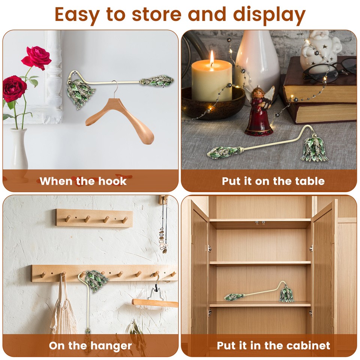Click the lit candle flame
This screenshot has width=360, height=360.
click(212, 58)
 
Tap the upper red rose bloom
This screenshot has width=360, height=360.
click(37, 57)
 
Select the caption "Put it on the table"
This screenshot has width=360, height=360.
click(273, 181)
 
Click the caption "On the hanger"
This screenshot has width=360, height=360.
click(90, 345)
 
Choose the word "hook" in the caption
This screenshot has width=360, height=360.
click(113, 181)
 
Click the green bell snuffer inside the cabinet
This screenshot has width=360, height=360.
click(287, 294)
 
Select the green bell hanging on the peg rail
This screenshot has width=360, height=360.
click(96, 281)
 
